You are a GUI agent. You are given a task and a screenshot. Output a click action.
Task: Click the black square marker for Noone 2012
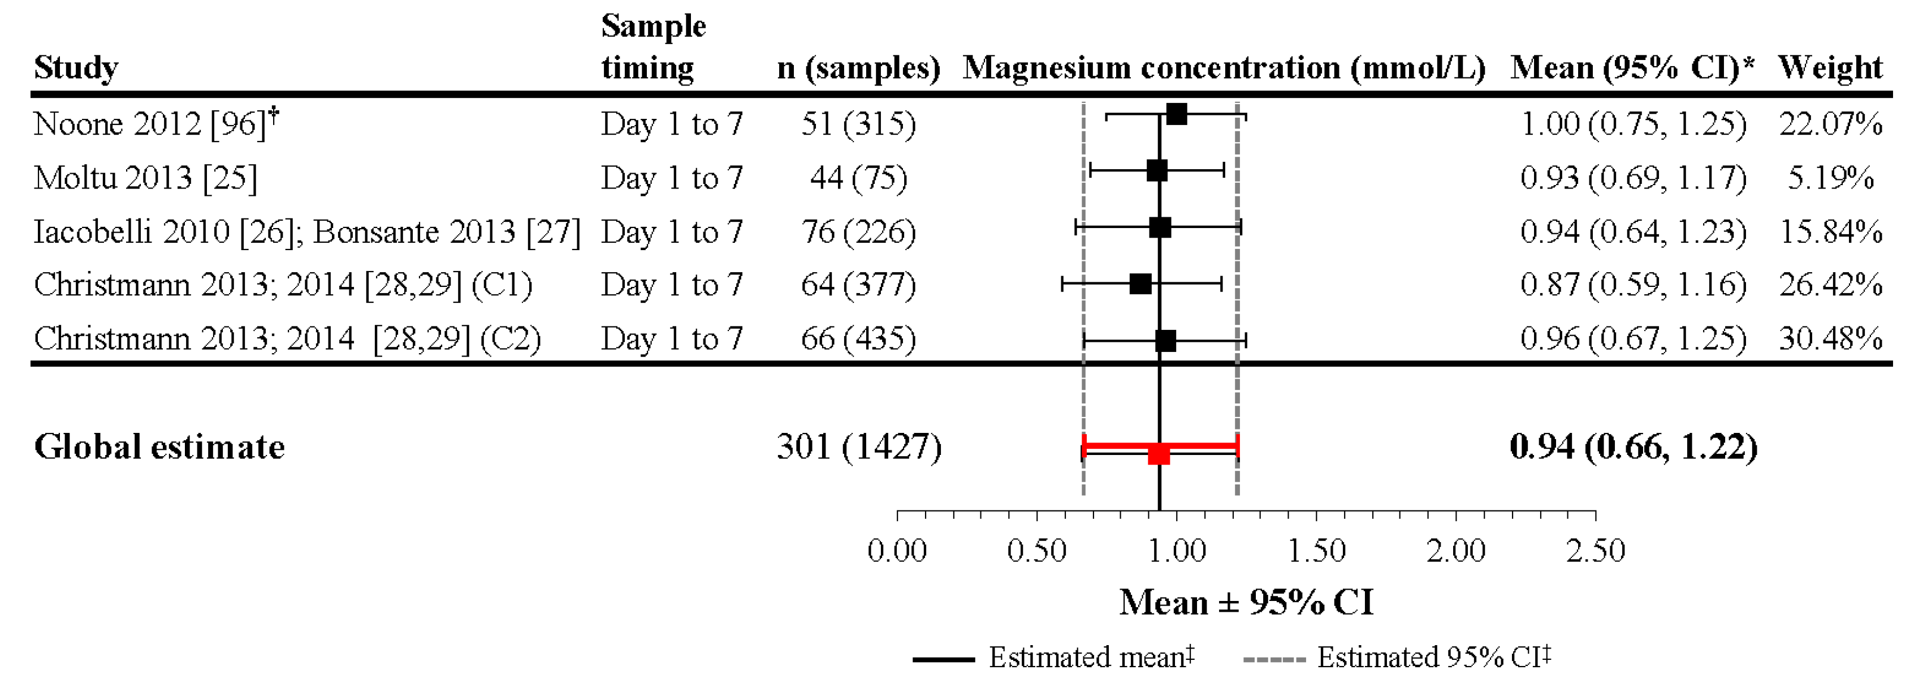click(1176, 115)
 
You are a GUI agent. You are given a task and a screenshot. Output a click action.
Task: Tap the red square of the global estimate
click(1158, 454)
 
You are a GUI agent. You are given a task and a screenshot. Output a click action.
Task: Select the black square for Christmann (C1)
click(1140, 284)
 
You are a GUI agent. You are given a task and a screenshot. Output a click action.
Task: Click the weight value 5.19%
click(1830, 178)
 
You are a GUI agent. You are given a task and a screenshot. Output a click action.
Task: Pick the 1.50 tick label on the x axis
click(1316, 551)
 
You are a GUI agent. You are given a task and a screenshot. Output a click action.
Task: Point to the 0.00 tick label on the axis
click(897, 551)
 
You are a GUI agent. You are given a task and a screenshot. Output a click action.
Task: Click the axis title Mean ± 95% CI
click(1246, 602)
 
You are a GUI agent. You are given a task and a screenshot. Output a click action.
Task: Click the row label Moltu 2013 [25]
click(145, 178)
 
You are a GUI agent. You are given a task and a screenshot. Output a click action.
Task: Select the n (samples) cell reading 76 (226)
click(858, 231)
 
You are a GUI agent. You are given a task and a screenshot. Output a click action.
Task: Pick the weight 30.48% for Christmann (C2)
click(1830, 338)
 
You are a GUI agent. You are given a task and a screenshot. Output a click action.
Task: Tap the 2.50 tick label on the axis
click(1595, 551)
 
